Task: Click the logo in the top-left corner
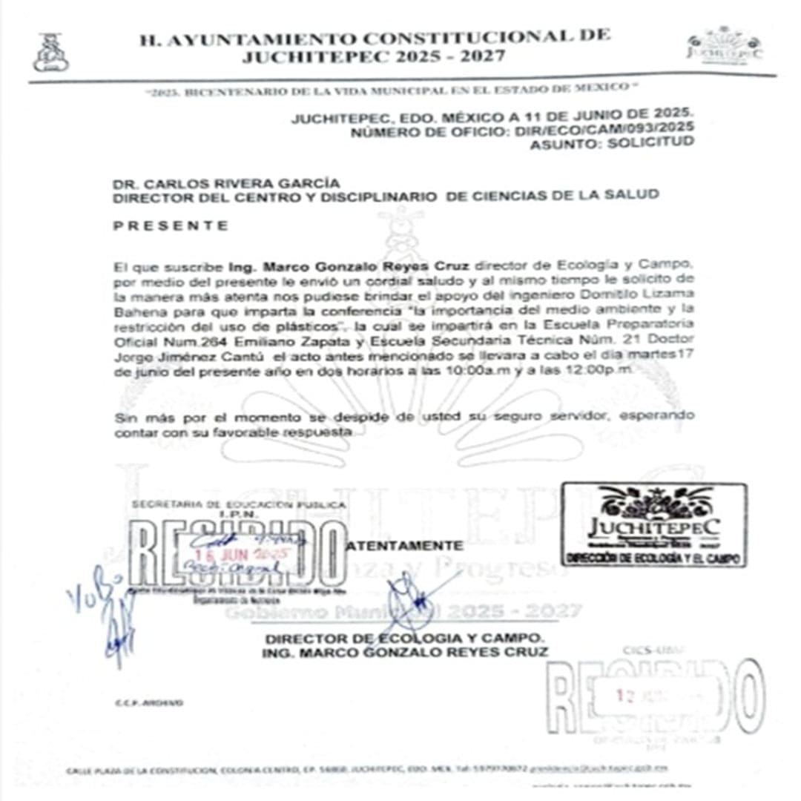click(50, 53)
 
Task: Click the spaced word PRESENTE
click(171, 225)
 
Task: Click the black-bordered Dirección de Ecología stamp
click(653, 524)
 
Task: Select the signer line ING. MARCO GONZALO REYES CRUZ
click(405, 652)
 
